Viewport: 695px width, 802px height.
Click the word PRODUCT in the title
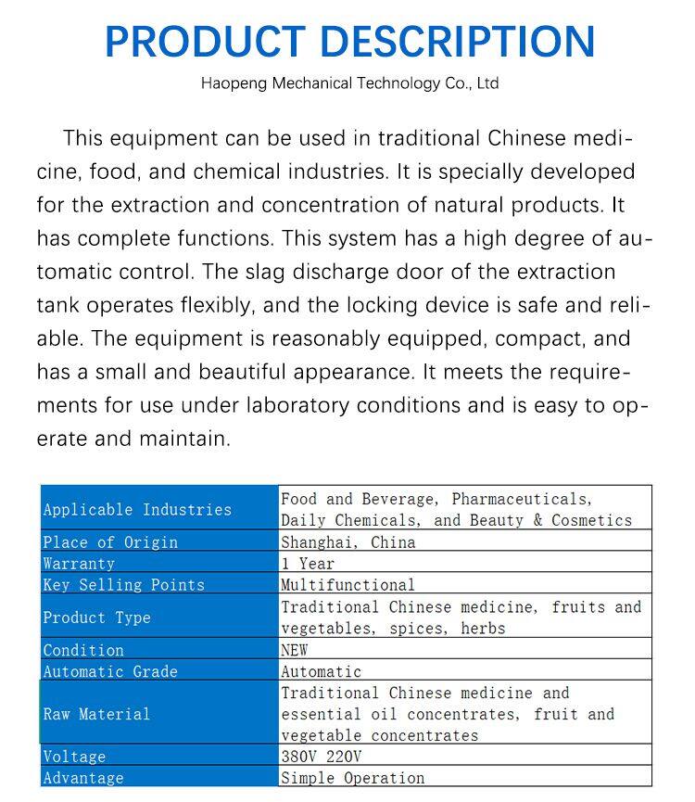[203, 42]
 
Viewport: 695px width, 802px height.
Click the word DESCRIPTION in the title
[452, 42]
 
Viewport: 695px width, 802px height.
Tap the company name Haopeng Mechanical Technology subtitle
[349, 83]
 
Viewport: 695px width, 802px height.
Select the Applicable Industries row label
[137, 510]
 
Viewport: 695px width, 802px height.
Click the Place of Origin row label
[110, 542]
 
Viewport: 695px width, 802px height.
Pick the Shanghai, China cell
[348, 542]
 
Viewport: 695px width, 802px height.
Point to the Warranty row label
[79, 564]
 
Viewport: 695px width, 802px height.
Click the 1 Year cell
[308, 564]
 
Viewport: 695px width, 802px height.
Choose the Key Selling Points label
[123, 585]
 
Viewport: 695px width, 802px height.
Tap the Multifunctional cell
[348, 585]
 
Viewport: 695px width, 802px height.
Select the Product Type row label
[96, 617]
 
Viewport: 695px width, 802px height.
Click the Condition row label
[83, 650]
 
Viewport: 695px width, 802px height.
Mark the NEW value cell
[295, 650]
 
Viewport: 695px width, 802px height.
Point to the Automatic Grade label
[110, 671]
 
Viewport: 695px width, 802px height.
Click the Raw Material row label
[96, 714]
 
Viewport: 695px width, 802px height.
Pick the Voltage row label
[74, 757]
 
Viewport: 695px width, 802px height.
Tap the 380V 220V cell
[322, 757]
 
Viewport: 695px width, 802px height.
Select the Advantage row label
[83, 778]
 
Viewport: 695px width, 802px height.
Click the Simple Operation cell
[353, 778]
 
